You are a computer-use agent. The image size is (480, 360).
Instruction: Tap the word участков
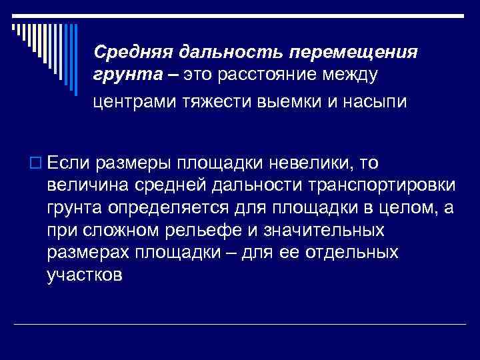pyautogui.click(x=85, y=277)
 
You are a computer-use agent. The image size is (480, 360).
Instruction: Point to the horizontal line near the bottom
pyautogui.click(x=240, y=323)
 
